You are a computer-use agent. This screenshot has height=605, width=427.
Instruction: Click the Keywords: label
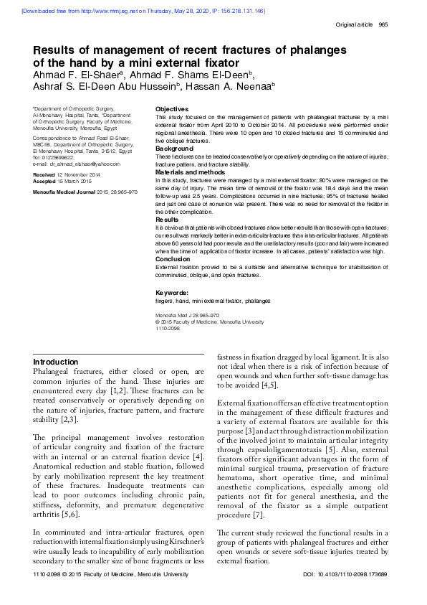172,292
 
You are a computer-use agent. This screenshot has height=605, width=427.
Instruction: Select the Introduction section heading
56,362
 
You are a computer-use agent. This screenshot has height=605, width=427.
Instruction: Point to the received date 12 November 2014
79,175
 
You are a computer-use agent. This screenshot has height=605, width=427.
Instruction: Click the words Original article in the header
354,25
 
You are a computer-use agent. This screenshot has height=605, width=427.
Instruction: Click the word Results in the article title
61,50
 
